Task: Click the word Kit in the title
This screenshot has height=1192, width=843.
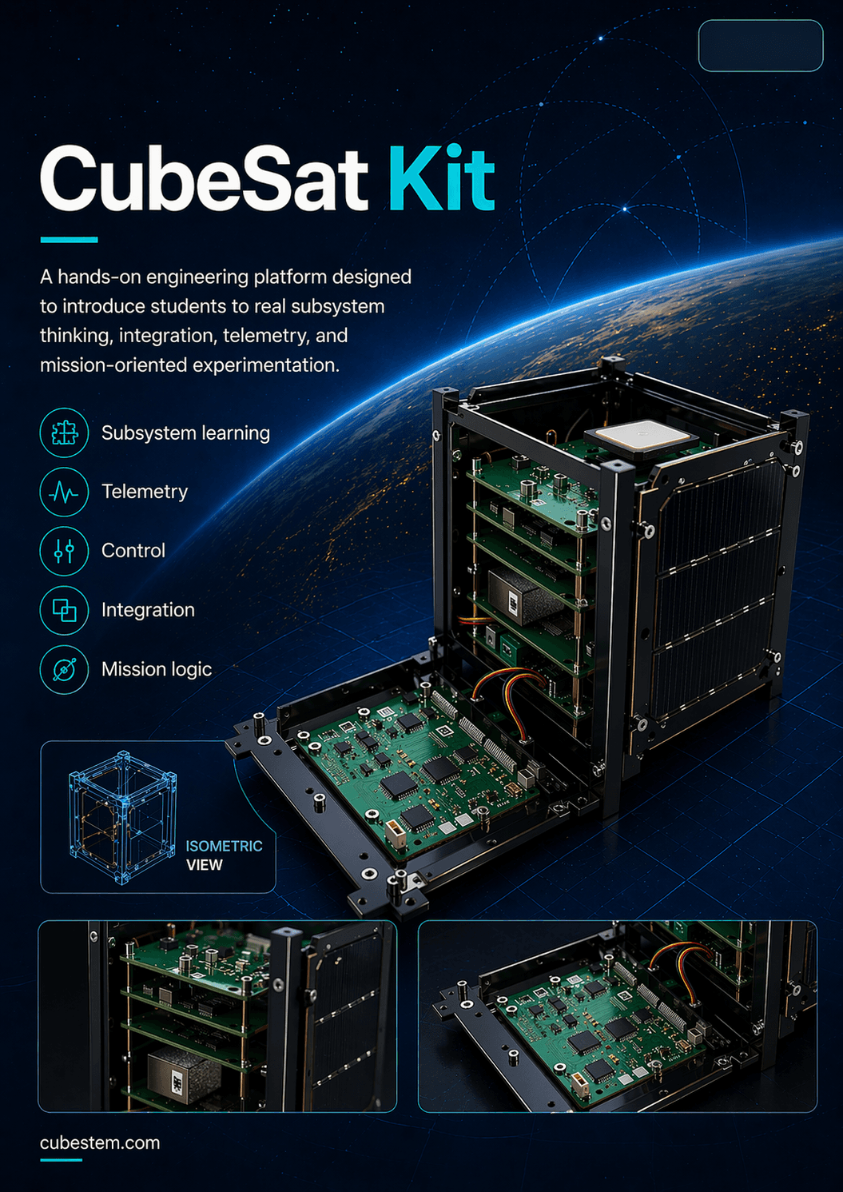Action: click(x=441, y=179)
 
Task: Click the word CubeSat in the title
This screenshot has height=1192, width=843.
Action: click(x=204, y=179)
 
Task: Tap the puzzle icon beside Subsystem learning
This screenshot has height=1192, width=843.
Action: click(x=64, y=433)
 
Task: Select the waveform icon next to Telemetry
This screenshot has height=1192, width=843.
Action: click(x=64, y=492)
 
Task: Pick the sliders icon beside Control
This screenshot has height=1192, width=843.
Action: click(x=64, y=551)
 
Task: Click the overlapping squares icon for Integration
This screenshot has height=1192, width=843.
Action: click(x=64, y=610)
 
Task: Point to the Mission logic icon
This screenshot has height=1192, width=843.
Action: click(x=64, y=669)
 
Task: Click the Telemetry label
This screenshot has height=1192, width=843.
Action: click(x=145, y=492)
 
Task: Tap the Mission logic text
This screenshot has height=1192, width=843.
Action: click(x=157, y=669)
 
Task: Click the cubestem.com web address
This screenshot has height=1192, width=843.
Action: click(x=100, y=1143)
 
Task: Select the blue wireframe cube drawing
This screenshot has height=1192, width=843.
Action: click(x=121, y=817)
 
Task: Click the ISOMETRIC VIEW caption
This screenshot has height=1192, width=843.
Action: click(x=223, y=855)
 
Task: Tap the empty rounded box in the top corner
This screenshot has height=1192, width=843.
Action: click(x=760, y=46)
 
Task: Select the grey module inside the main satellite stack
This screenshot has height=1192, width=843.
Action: click(x=515, y=596)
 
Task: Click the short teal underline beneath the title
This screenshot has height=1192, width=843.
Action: click(x=69, y=239)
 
